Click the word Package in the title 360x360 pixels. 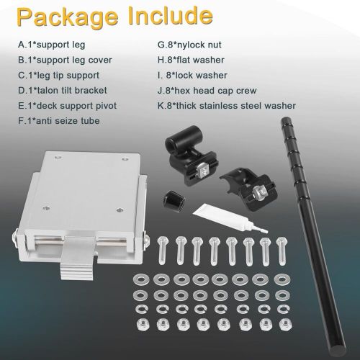(68, 17)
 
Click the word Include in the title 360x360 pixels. (171, 15)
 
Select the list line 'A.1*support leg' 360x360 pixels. (52, 45)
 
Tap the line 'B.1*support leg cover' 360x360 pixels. (65, 60)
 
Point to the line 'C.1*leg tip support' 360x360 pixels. (59, 76)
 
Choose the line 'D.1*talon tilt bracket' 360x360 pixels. (63, 91)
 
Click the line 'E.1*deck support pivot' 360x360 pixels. (68, 106)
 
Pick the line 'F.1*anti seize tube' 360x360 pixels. (59, 121)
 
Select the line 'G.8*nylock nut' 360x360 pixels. (189, 45)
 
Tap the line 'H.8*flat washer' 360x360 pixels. (191, 60)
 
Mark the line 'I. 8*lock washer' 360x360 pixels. (192, 76)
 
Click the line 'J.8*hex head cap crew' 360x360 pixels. (207, 91)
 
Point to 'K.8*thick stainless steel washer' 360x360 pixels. (227, 106)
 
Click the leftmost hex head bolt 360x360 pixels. (163, 251)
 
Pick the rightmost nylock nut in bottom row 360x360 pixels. (286, 325)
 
